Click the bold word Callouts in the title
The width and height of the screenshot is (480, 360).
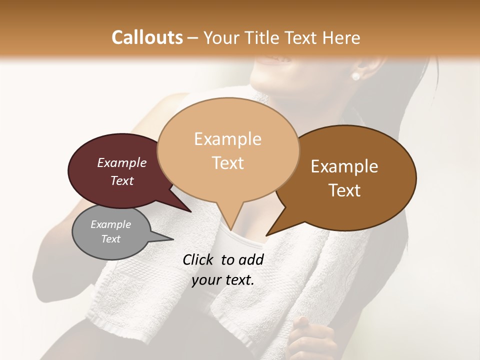(147, 37)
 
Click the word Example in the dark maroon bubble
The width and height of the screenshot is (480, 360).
(121, 162)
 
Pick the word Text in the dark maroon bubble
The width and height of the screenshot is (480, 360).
(121, 180)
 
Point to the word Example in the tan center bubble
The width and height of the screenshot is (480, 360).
(227, 139)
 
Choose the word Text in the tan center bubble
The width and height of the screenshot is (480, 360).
(227, 162)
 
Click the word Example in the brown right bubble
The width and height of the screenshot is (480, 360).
(344, 166)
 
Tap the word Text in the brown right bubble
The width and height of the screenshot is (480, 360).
(344, 190)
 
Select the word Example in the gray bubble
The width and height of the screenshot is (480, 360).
(110, 224)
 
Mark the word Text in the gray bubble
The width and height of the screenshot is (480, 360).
(110, 239)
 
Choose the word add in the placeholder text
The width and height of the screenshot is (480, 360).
(251, 259)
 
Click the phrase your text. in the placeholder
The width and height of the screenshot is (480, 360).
(223, 280)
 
